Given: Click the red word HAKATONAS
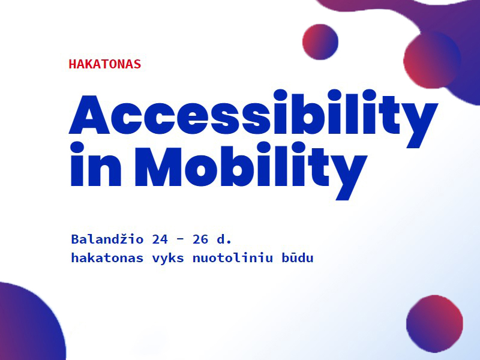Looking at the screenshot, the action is pyautogui.click(x=104, y=64).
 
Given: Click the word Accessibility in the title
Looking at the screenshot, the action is pyautogui.click(x=253, y=118).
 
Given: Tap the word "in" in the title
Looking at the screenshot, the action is pyautogui.click(x=96, y=164).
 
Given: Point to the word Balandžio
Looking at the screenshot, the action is pyautogui.click(x=107, y=239).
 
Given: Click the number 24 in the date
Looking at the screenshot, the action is pyautogui.click(x=160, y=239).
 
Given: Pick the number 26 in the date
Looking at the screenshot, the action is pyautogui.click(x=200, y=239).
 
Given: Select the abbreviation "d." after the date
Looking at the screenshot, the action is pyautogui.click(x=224, y=239).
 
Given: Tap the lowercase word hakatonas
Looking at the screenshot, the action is pyautogui.click(x=107, y=258).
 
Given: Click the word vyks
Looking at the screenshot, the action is pyautogui.click(x=168, y=259).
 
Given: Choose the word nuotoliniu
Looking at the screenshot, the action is pyautogui.click(x=232, y=258).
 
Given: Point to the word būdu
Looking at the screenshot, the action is pyautogui.click(x=297, y=258).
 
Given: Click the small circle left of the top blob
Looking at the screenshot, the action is pyautogui.click(x=320, y=41).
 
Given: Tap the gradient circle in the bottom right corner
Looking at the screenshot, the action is pyautogui.click(x=434, y=323).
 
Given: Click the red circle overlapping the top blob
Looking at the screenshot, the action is pyautogui.click(x=432, y=60).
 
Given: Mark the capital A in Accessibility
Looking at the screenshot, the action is pyautogui.click(x=89, y=115).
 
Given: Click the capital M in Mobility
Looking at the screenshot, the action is pyautogui.click(x=158, y=167).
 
